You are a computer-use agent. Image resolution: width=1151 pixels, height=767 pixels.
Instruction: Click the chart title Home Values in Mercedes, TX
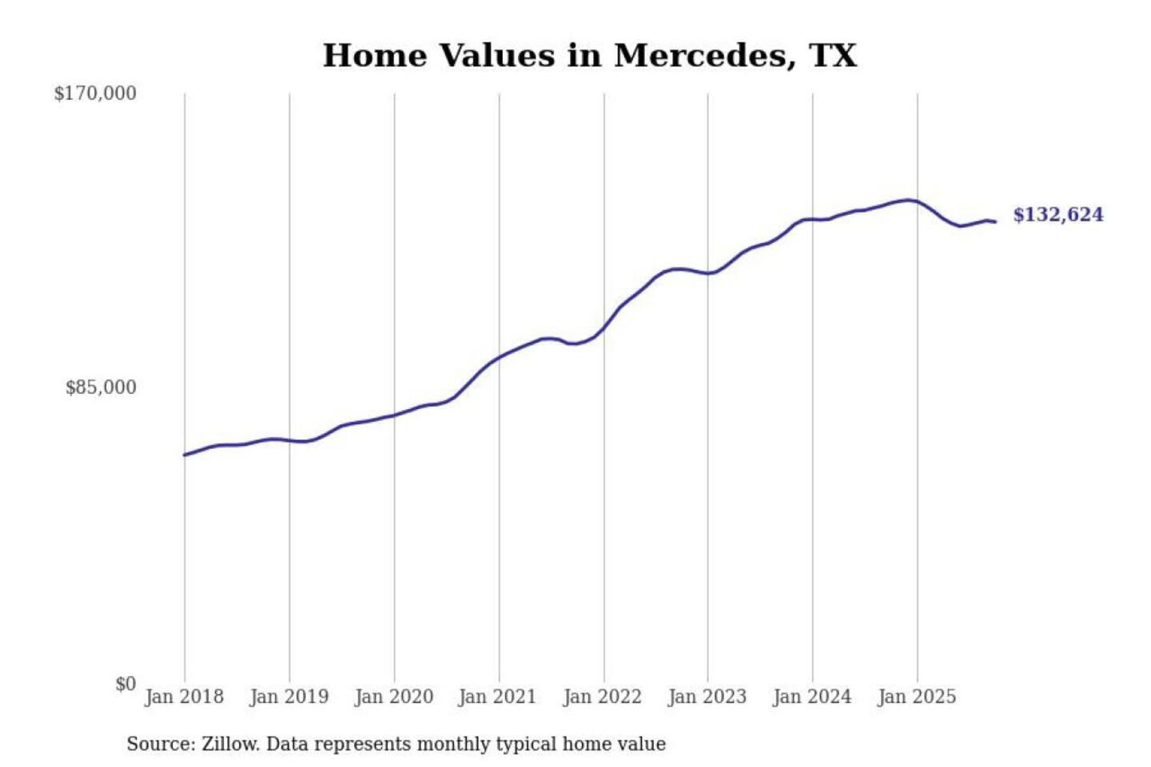pos(589,56)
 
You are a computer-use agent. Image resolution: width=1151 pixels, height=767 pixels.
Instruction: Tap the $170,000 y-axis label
pos(95,93)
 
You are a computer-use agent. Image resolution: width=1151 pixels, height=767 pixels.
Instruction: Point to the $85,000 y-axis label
pos(101,387)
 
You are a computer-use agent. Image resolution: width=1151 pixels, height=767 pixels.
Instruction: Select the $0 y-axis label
pos(125,684)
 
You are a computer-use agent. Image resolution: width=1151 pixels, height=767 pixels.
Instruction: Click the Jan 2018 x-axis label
pos(184,697)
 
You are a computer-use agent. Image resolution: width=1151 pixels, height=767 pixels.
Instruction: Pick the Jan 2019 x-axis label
pos(289,697)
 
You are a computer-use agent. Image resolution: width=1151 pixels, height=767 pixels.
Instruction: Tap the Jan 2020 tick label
pos(393,697)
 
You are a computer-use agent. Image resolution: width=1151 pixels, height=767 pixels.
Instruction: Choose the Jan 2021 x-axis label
pos(497,697)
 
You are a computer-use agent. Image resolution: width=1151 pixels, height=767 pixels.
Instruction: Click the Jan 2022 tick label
pos(602,697)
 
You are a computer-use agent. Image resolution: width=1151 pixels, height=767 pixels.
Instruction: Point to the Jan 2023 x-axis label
pos(707,697)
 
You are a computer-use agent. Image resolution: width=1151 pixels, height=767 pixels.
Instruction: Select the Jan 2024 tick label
pos(811,697)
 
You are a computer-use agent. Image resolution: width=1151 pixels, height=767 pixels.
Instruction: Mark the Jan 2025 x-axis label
pos(916,697)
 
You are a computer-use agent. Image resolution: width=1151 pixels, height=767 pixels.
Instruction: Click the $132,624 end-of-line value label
pos(1057,215)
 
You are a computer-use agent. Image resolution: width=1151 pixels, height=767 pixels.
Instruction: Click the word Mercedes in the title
pos(703,56)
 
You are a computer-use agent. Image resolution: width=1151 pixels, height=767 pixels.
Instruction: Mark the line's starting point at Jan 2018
pos(185,455)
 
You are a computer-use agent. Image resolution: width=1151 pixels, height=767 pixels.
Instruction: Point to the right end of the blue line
pos(995,221)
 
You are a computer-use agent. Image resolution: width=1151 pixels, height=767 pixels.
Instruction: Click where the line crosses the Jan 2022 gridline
pos(604,328)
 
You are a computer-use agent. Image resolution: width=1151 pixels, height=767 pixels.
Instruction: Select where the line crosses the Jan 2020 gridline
pos(394,415)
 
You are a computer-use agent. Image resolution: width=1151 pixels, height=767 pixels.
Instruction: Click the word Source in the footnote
pos(160,744)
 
